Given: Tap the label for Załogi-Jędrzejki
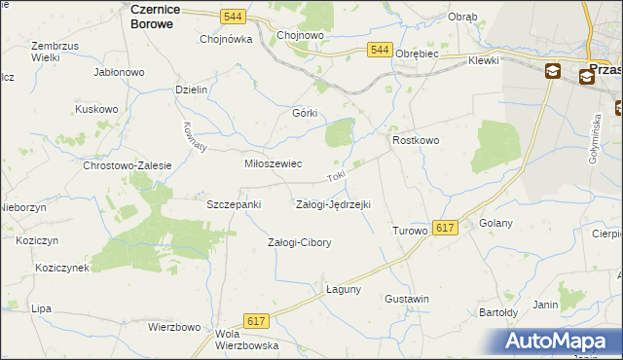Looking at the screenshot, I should coord(332,204).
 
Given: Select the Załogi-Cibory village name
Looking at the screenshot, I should coord(300,242).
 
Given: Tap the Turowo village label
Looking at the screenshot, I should coord(409,231).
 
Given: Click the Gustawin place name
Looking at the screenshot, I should coord(407,298).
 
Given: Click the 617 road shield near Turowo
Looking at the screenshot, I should coord(445,227).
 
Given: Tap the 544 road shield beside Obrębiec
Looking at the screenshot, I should coord(381,50).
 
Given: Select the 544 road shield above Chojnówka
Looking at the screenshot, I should coord(232,17).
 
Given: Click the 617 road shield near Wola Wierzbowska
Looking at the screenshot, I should coord(256,321).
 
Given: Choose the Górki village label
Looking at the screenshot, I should coord(306,113).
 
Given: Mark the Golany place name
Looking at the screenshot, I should coord(496,223).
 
